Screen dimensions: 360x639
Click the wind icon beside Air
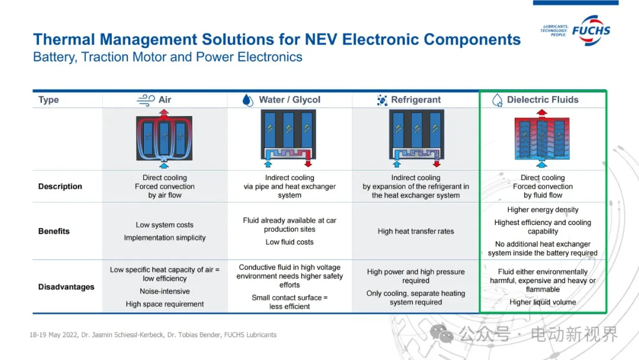pyautogui.click(x=146, y=100)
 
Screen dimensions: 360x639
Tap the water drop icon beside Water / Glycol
pyautogui.click(x=248, y=100)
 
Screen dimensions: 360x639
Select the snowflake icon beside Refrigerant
pyautogui.click(x=382, y=100)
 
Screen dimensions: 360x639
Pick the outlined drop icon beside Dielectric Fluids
pyautogui.click(x=498, y=100)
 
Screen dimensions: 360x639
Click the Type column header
pyautogui.click(x=49, y=100)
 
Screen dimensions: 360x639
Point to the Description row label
pyautogui.click(x=60, y=187)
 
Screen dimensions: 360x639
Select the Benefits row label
pyautogui.click(x=54, y=232)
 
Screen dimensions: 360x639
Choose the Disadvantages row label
pyautogui.click(x=66, y=287)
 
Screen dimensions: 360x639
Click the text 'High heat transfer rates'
pyautogui.click(x=416, y=232)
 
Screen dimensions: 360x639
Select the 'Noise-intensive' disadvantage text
pyautogui.click(x=164, y=291)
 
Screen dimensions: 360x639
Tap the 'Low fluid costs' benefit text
pyautogui.click(x=289, y=242)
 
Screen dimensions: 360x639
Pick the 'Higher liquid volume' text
pyautogui.click(x=543, y=303)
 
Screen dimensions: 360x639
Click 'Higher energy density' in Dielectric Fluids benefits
pyautogui.click(x=543, y=210)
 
